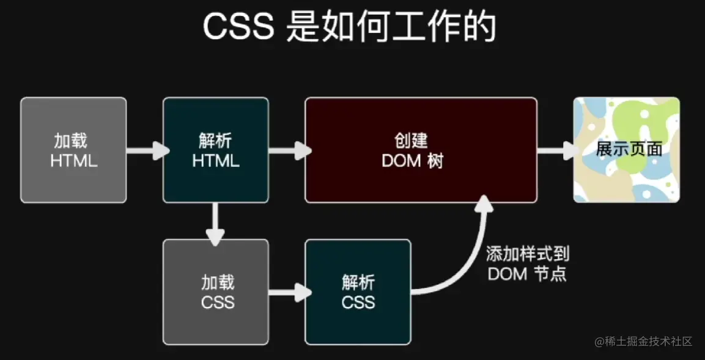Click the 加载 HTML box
click(x=73, y=150)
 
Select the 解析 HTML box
click(x=215, y=150)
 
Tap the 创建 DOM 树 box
click(x=421, y=150)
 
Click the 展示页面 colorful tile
click(x=626, y=150)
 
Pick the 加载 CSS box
click(x=215, y=292)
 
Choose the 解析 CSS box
click(x=358, y=292)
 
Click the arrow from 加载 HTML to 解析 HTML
click(x=147, y=150)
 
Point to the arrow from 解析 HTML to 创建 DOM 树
click(x=289, y=150)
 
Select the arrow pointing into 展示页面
click(x=557, y=150)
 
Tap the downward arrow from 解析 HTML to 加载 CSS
click(x=215, y=223)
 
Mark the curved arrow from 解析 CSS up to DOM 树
click(x=465, y=257)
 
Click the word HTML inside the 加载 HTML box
click(x=73, y=161)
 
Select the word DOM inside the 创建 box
click(x=401, y=161)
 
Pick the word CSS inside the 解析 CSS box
click(x=358, y=302)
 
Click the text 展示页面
click(x=629, y=150)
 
